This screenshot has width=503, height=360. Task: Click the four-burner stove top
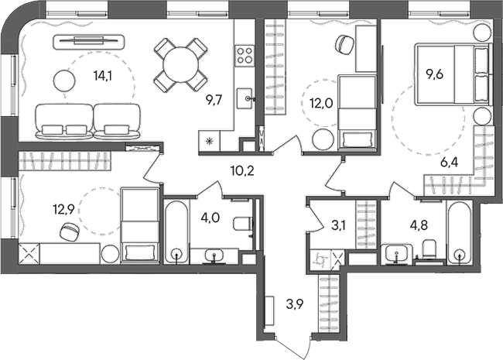coord(245,55)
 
